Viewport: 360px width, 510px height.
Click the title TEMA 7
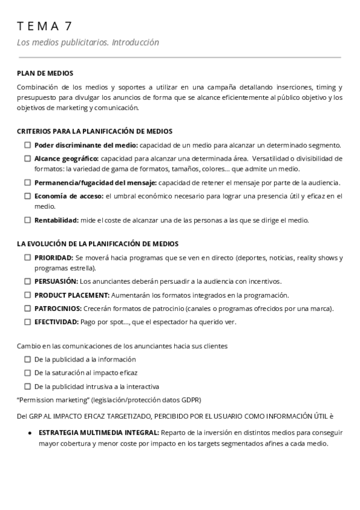(45, 26)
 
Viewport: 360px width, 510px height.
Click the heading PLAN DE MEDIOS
(45, 73)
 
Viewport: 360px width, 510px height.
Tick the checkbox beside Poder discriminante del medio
(28, 145)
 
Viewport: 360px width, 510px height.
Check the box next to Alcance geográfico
(28, 158)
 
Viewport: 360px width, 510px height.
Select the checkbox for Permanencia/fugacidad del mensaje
(28, 182)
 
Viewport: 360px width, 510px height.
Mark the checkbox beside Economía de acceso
(28, 195)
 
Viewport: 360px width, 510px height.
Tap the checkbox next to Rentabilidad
(28, 220)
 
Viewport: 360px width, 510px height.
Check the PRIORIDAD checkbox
(28, 257)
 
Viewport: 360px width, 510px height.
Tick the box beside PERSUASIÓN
(28, 281)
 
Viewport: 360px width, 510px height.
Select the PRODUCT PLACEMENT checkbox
(28, 295)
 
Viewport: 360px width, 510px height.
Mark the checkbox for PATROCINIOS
(28, 308)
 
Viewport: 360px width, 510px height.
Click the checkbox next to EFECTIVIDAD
(28, 321)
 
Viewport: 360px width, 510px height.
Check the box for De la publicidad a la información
(28, 359)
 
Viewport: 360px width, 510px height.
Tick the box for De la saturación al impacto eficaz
(28, 372)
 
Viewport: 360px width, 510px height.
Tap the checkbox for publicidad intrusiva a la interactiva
(28, 386)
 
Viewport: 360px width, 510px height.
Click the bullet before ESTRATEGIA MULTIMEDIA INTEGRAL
(30, 432)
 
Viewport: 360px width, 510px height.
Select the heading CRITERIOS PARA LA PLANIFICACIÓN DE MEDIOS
(94, 131)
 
